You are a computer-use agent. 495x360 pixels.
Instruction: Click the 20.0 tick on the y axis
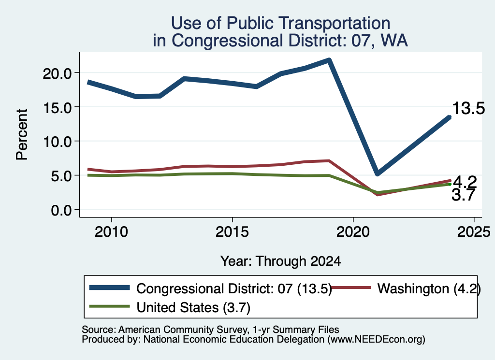(x=57, y=73)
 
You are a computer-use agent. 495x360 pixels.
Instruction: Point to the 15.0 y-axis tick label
(x=57, y=108)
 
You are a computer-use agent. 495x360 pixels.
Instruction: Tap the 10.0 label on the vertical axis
(x=57, y=142)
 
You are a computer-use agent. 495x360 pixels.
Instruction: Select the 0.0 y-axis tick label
(x=61, y=210)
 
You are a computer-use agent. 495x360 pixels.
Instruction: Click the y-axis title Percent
(x=22, y=135)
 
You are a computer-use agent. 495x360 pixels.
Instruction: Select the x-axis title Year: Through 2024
(x=281, y=261)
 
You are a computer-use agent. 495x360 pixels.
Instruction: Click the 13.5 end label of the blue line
(x=468, y=108)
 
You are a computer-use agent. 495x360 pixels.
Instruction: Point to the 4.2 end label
(x=465, y=182)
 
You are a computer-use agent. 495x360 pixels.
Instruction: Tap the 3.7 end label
(x=464, y=195)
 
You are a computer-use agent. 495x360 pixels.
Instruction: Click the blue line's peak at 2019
(x=329, y=60)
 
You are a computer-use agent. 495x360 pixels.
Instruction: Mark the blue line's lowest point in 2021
(x=377, y=173)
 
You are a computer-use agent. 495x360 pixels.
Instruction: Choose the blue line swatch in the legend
(x=110, y=288)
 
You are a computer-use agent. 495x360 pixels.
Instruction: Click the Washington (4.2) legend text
(x=429, y=288)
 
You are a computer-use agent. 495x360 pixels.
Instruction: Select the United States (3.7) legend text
(x=193, y=308)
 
